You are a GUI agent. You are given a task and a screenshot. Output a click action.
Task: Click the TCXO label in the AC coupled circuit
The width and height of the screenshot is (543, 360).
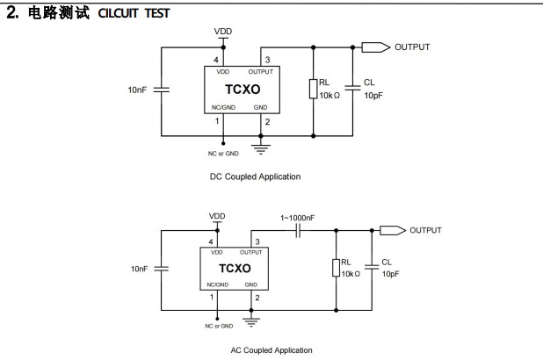[235, 269]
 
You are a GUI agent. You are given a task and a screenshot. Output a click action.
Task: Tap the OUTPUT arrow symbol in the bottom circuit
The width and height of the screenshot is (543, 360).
[391, 230]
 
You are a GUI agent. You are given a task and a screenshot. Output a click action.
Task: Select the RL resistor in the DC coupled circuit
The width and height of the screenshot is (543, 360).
[314, 89]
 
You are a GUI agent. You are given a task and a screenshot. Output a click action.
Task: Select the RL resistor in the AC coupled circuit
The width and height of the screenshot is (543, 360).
[337, 268]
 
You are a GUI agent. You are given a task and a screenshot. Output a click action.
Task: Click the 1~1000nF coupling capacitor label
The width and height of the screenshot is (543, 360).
[297, 217]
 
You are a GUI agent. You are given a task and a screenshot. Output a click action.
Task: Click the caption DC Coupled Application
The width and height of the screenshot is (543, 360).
[255, 176]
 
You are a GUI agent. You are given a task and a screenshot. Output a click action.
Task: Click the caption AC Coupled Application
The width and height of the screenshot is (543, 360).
[271, 350]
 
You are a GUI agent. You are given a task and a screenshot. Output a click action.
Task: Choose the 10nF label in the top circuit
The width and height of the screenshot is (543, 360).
[139, 90]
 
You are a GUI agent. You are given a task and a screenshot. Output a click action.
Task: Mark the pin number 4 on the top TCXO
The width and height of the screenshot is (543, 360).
[215, 60]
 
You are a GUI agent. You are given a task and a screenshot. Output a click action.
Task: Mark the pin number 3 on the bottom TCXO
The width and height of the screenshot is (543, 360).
[257, 241]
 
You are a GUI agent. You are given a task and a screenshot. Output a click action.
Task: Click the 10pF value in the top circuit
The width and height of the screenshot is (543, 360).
[373, 95]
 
